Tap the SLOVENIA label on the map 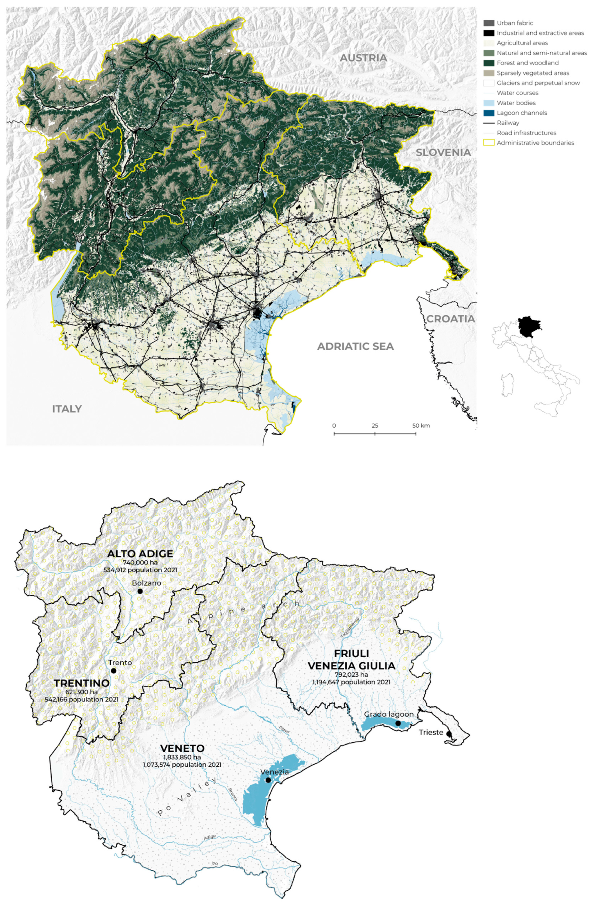(x=443, y=152)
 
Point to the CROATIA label (x=450, y=319)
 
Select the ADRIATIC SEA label (x=355, y=346)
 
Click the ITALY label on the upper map (x=67, y=409)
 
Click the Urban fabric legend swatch (x=489, y=23)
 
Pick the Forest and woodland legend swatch (x=489, y=63)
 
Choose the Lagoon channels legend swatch (x=489, y=113)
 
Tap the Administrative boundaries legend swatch (x=489, y=143)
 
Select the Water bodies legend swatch (x=489, y=103)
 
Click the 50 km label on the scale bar (x=421, y=425)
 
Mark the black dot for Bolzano (x=140, y=591)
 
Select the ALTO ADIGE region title (x=140, y=554)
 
